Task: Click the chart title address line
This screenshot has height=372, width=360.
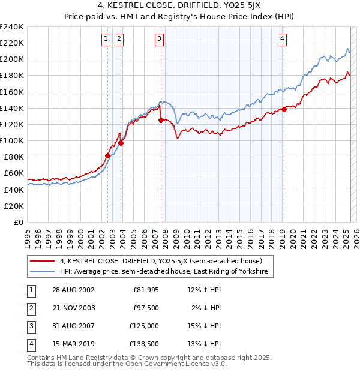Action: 180,7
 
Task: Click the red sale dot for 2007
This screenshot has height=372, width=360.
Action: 161,121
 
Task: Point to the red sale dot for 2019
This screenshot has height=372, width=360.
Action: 284,109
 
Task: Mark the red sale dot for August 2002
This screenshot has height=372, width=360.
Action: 108,155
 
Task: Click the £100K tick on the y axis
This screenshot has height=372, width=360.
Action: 12,140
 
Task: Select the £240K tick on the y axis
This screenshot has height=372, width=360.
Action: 12,27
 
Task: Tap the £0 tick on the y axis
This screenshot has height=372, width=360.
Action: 18,222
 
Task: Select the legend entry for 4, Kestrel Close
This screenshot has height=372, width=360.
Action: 161,261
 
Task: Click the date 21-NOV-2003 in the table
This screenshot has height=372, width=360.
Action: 69,308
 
